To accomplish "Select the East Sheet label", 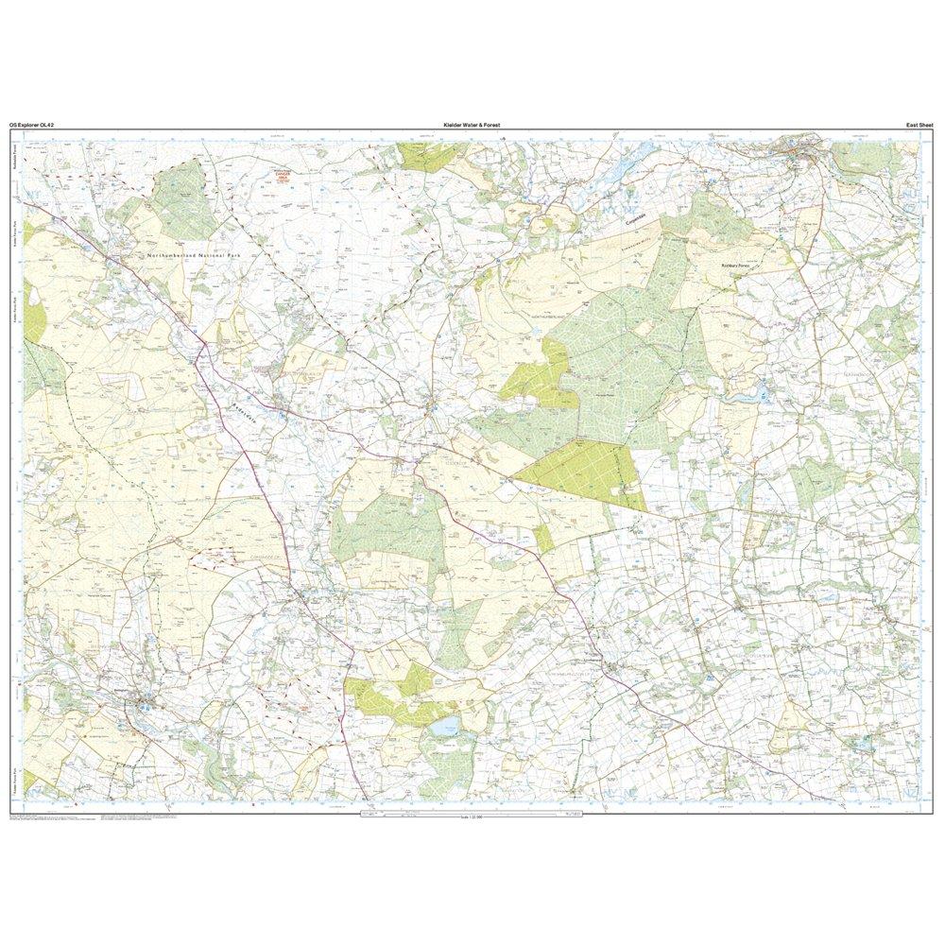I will click(919, 125).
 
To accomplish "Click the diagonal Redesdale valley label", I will click(242, 403).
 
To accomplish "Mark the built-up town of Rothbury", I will click(803, 151).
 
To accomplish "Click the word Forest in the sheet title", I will click(488, 125).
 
